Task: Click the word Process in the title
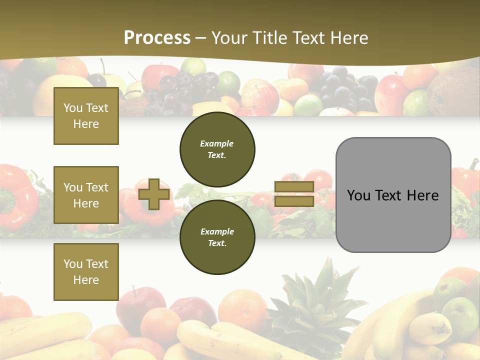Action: point(157,37)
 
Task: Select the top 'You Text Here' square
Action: point(86,116)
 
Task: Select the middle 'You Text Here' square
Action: point(86,195)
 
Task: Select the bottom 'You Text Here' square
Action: point(86,271)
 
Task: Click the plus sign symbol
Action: point(154,194)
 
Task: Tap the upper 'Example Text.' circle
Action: point(217,149)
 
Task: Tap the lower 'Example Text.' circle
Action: point(217,237)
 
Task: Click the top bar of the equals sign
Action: point(294,187)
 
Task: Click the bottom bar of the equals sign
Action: point(294,201)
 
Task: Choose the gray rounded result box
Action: point(393,195)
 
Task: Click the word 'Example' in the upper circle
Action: point(217,144)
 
